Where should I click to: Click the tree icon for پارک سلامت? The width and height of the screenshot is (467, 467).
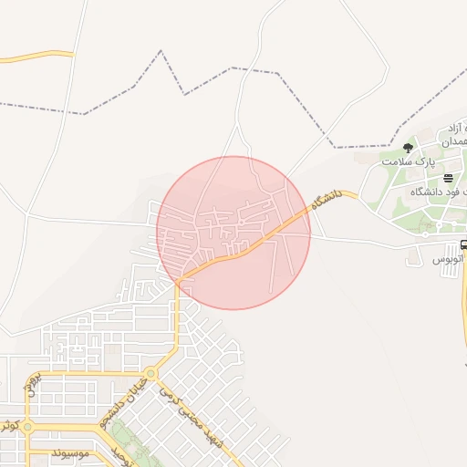[x=407, y=148]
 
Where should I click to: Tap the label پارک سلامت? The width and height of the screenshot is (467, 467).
[x=406, y=161]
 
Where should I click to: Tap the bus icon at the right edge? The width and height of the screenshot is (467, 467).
[x=463, y=244]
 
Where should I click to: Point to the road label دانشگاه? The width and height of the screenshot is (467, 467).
[x=325, y=199]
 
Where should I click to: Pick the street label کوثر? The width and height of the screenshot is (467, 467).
[x=8, y=425]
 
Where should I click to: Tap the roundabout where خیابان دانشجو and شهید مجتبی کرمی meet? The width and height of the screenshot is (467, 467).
[x=150, y=373]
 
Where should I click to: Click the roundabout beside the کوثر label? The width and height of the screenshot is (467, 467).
[x=28, y=426]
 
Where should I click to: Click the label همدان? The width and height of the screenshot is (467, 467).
[x=453, y=143]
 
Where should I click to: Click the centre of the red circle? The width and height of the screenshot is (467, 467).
[x=233, y=233]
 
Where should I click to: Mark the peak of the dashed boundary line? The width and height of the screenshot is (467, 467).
[x=161, y=51]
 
